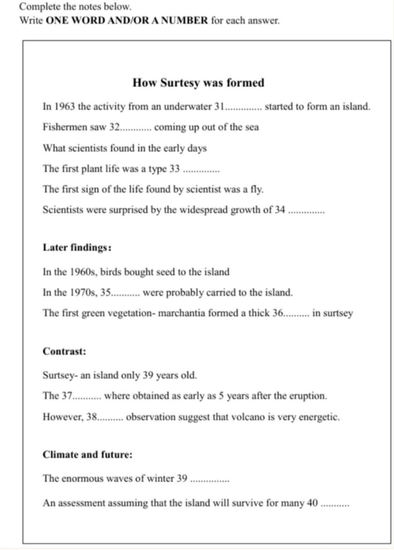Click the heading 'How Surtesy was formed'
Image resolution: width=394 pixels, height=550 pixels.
pos(198,83)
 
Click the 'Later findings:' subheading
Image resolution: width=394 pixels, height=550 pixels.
pos(77,248)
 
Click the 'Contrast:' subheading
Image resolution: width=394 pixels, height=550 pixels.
pos(65,352)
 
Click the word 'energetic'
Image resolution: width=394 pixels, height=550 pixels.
pos(319,416)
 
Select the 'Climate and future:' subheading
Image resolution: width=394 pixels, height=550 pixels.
pos(87,454)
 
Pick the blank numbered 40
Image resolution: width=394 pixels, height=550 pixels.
pos(334,502)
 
